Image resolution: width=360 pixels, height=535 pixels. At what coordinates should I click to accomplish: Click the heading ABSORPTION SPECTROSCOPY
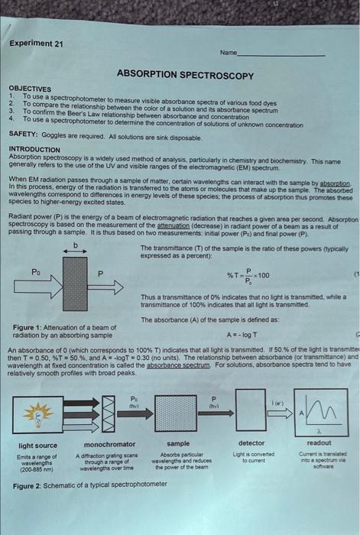point(185,75)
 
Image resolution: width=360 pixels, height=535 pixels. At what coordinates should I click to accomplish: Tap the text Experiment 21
point(37,44)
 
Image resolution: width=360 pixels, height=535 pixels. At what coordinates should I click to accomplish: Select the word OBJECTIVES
point(31,89)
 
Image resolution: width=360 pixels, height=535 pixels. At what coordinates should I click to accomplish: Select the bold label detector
point(251,443)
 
